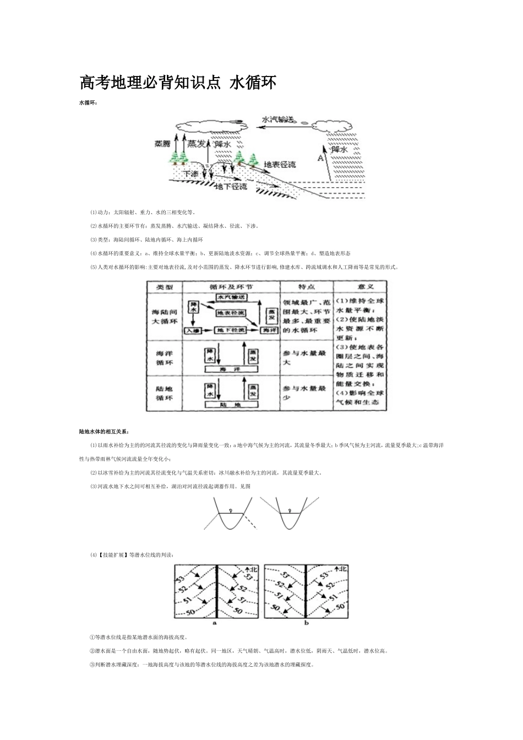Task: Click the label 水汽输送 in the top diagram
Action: tap(279, 119)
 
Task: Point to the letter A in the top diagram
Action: tap(320, 157)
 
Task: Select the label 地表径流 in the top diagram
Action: tap(280, 164)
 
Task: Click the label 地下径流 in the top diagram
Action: tap(231, 187)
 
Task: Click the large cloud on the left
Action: tap(209, 124)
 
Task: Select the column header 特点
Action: tap(306, 287)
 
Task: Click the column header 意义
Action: tap(359, 287)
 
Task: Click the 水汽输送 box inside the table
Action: tap(230, 297)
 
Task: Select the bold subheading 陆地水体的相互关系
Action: tap(103, 431)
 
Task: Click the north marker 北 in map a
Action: tap(253, 569)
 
